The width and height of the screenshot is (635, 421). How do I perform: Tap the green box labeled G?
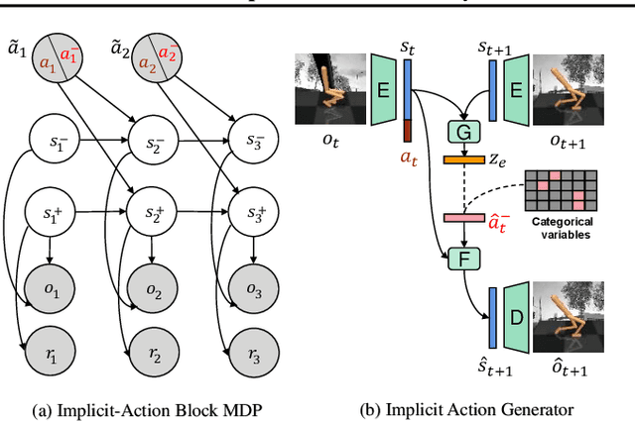(x=463, y=132)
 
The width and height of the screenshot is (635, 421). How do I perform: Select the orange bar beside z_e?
(x=463, y=158)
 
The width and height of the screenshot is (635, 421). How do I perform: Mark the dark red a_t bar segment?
(x=406, y=130)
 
